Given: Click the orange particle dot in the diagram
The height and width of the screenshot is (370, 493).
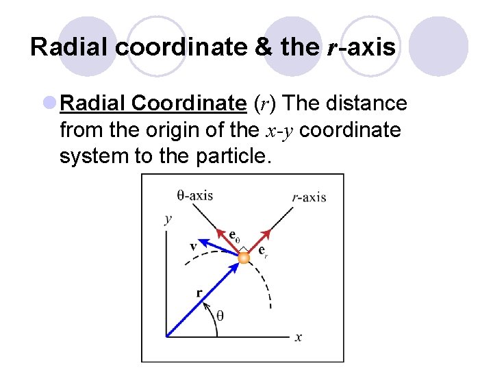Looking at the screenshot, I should click(x=243, y=258).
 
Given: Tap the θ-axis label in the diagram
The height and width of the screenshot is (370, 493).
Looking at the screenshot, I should click(x=194, y=195).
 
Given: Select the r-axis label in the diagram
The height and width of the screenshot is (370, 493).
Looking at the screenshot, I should click(x=308, y=197).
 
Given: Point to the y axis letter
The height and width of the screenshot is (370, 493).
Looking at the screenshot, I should click(x=168, y=219).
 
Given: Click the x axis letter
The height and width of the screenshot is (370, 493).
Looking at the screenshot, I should click(x=299, y=337).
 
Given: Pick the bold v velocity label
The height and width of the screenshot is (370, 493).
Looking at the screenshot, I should click(x=194, y=246).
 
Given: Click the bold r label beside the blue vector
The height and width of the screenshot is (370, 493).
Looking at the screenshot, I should click(x=199, y=293).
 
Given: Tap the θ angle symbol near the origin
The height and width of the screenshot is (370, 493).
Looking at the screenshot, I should click(x=219, y=316).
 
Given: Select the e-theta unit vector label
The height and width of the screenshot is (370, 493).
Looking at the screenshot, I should click(x=234, y=237).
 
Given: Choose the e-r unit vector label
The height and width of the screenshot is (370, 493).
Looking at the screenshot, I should click(x=262, y=251).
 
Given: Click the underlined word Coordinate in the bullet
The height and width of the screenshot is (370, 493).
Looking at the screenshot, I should click(x=188, y=103).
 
